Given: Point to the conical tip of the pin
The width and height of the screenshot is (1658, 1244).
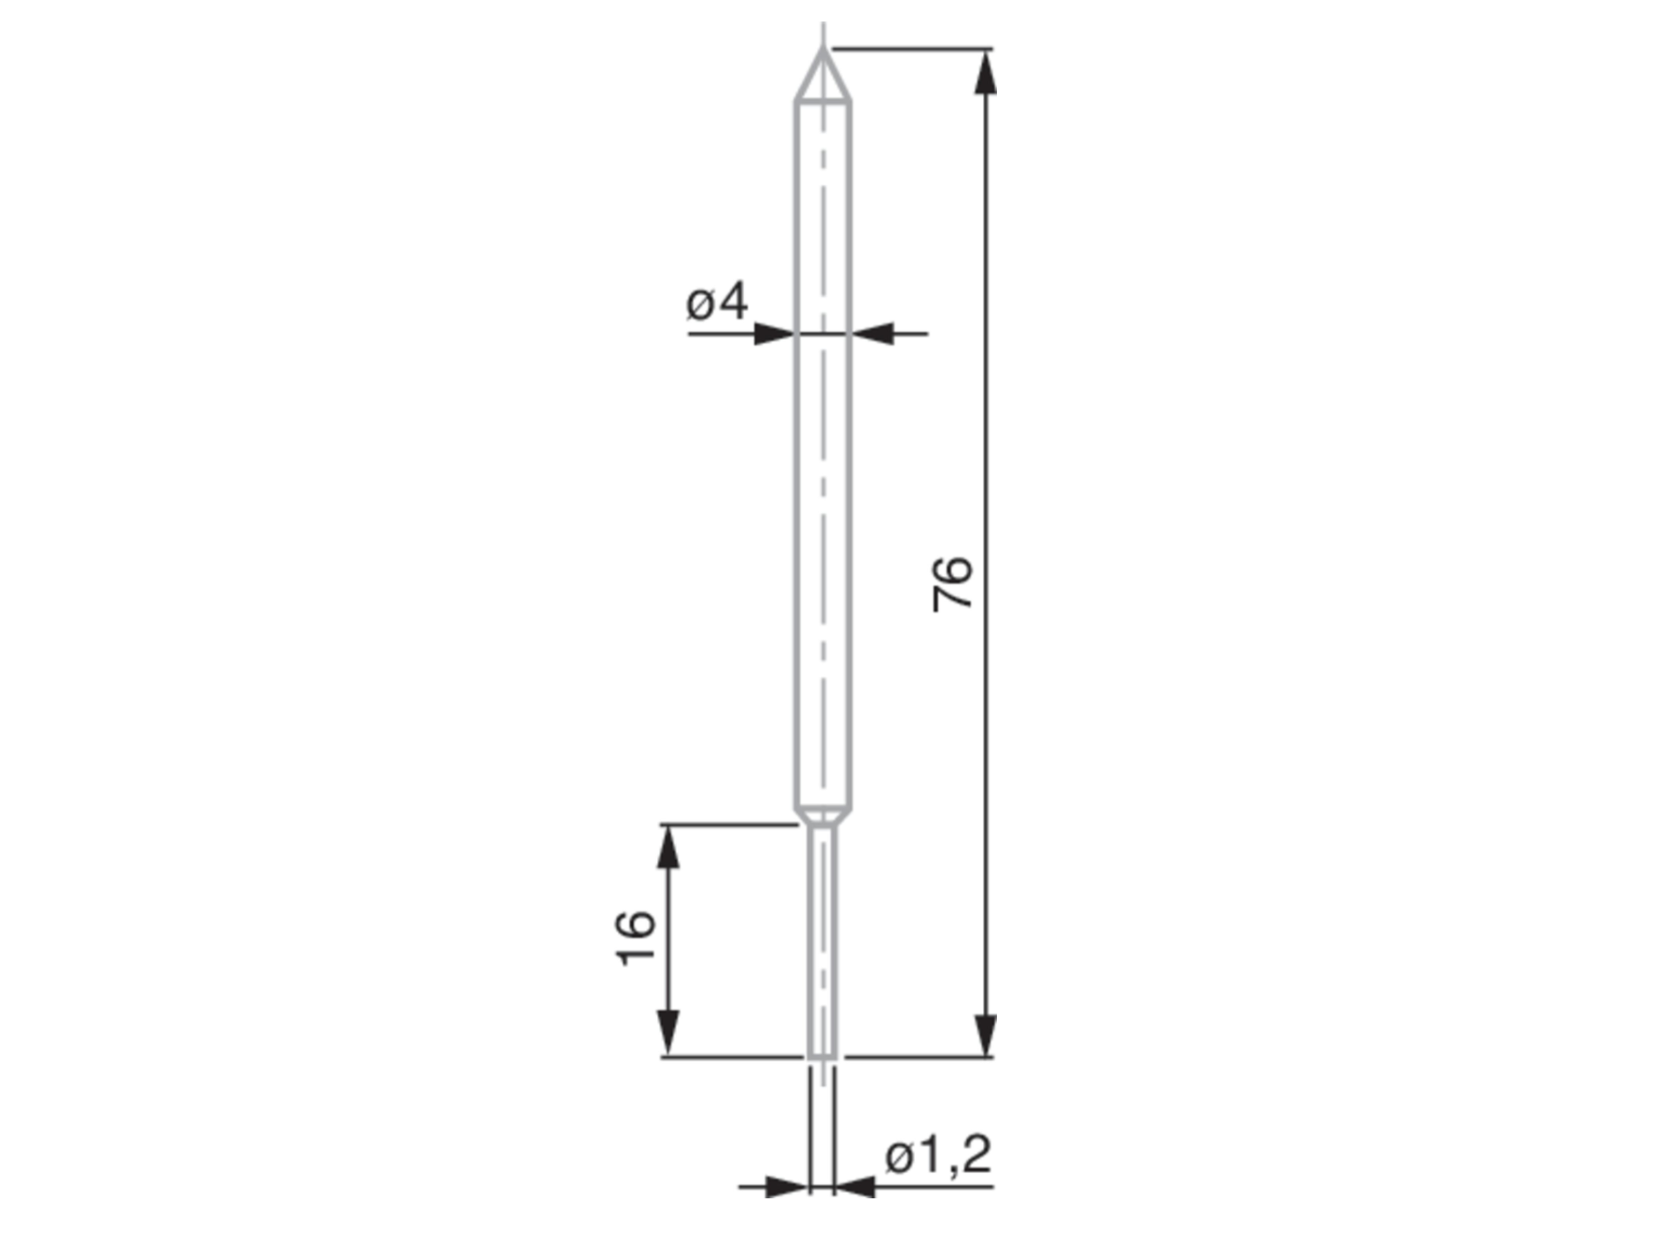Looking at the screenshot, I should coord(823,75).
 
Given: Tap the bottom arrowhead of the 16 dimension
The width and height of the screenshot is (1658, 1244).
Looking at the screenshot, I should coord(668,1034).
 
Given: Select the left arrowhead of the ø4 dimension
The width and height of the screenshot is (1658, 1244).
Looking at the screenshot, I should coord(774,333).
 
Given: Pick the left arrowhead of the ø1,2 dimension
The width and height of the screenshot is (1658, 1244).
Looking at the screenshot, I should coord(786,1187).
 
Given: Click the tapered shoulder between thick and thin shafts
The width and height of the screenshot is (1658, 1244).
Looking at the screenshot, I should coord(823,816).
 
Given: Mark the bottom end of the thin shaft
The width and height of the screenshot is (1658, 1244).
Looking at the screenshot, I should coord(823,1057).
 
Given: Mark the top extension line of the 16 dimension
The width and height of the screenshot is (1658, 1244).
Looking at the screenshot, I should coord(727,825).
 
